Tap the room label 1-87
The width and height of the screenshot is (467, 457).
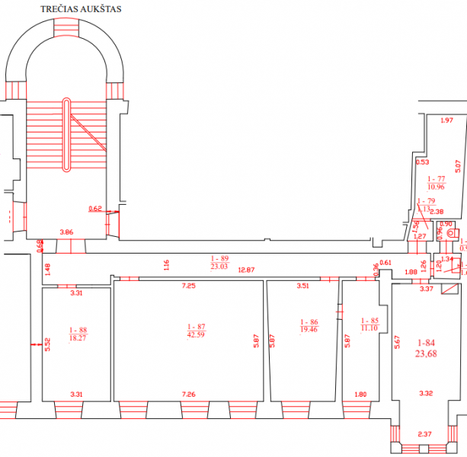196,327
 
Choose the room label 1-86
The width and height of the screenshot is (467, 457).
309,322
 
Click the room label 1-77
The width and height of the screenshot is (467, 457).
437,178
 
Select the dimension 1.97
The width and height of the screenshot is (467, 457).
447,120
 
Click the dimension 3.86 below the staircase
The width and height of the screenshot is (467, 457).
66,231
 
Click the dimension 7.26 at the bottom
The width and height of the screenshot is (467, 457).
190,395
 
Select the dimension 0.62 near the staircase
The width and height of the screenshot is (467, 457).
95,208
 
